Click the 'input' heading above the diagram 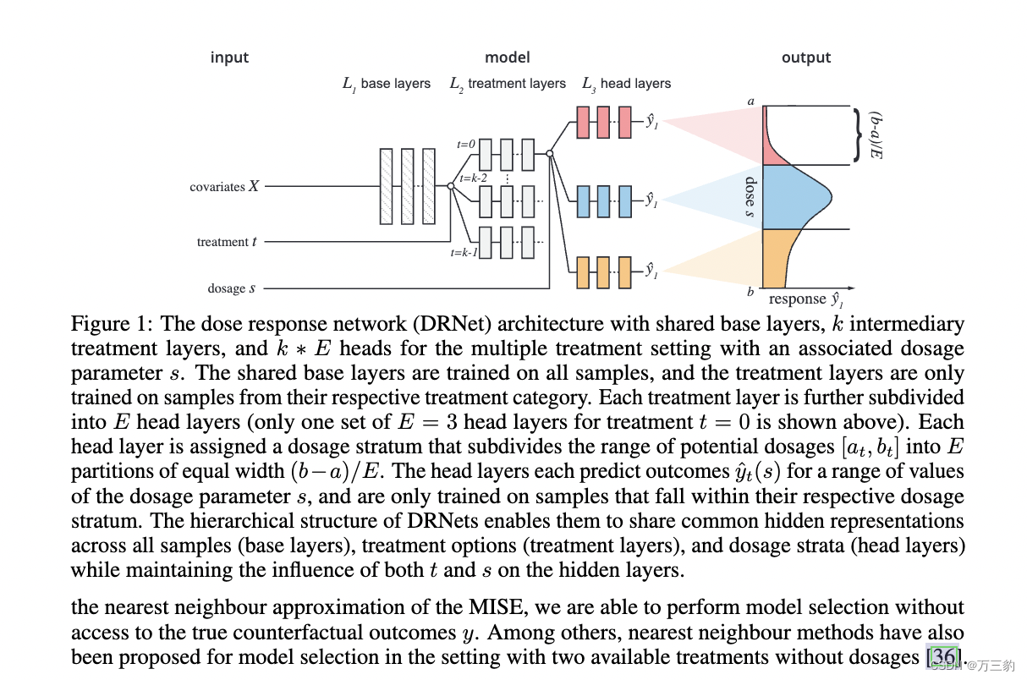229,58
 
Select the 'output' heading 805,58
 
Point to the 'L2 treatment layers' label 508,84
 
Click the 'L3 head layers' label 626,84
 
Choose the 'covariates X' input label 224,187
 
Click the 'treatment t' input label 228,242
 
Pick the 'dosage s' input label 232,288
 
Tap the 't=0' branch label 466,144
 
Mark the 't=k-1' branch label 464,252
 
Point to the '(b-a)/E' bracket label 877,135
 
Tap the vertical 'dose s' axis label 750,197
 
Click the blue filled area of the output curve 791,196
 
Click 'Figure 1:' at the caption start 112,324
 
